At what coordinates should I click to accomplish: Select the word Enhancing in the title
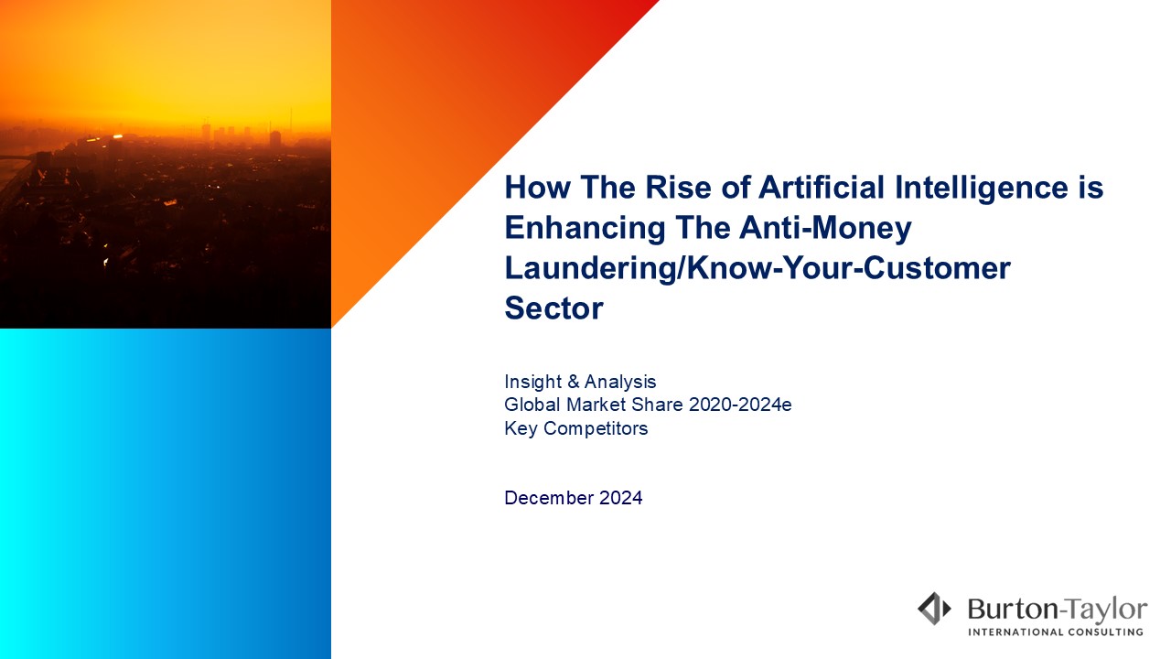(585, 229)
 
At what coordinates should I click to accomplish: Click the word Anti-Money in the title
(825, 229)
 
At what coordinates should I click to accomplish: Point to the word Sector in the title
(553, 308)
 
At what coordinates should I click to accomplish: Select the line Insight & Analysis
(580, 382)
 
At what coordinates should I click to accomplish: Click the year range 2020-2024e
(740, 405)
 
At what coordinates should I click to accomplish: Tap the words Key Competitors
(576, 429)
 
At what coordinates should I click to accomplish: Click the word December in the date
(549, 498)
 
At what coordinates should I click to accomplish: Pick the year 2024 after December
(620, 498)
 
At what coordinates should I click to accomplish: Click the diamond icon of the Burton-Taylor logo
(934, 609)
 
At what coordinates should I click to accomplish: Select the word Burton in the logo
(1012, 610)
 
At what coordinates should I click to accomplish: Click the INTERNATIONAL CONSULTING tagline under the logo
(1056, 632)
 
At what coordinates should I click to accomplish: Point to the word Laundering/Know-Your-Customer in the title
(757, 269)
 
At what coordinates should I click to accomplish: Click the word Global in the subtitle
(532, 405)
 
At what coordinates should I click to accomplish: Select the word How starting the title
(537, 188)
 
